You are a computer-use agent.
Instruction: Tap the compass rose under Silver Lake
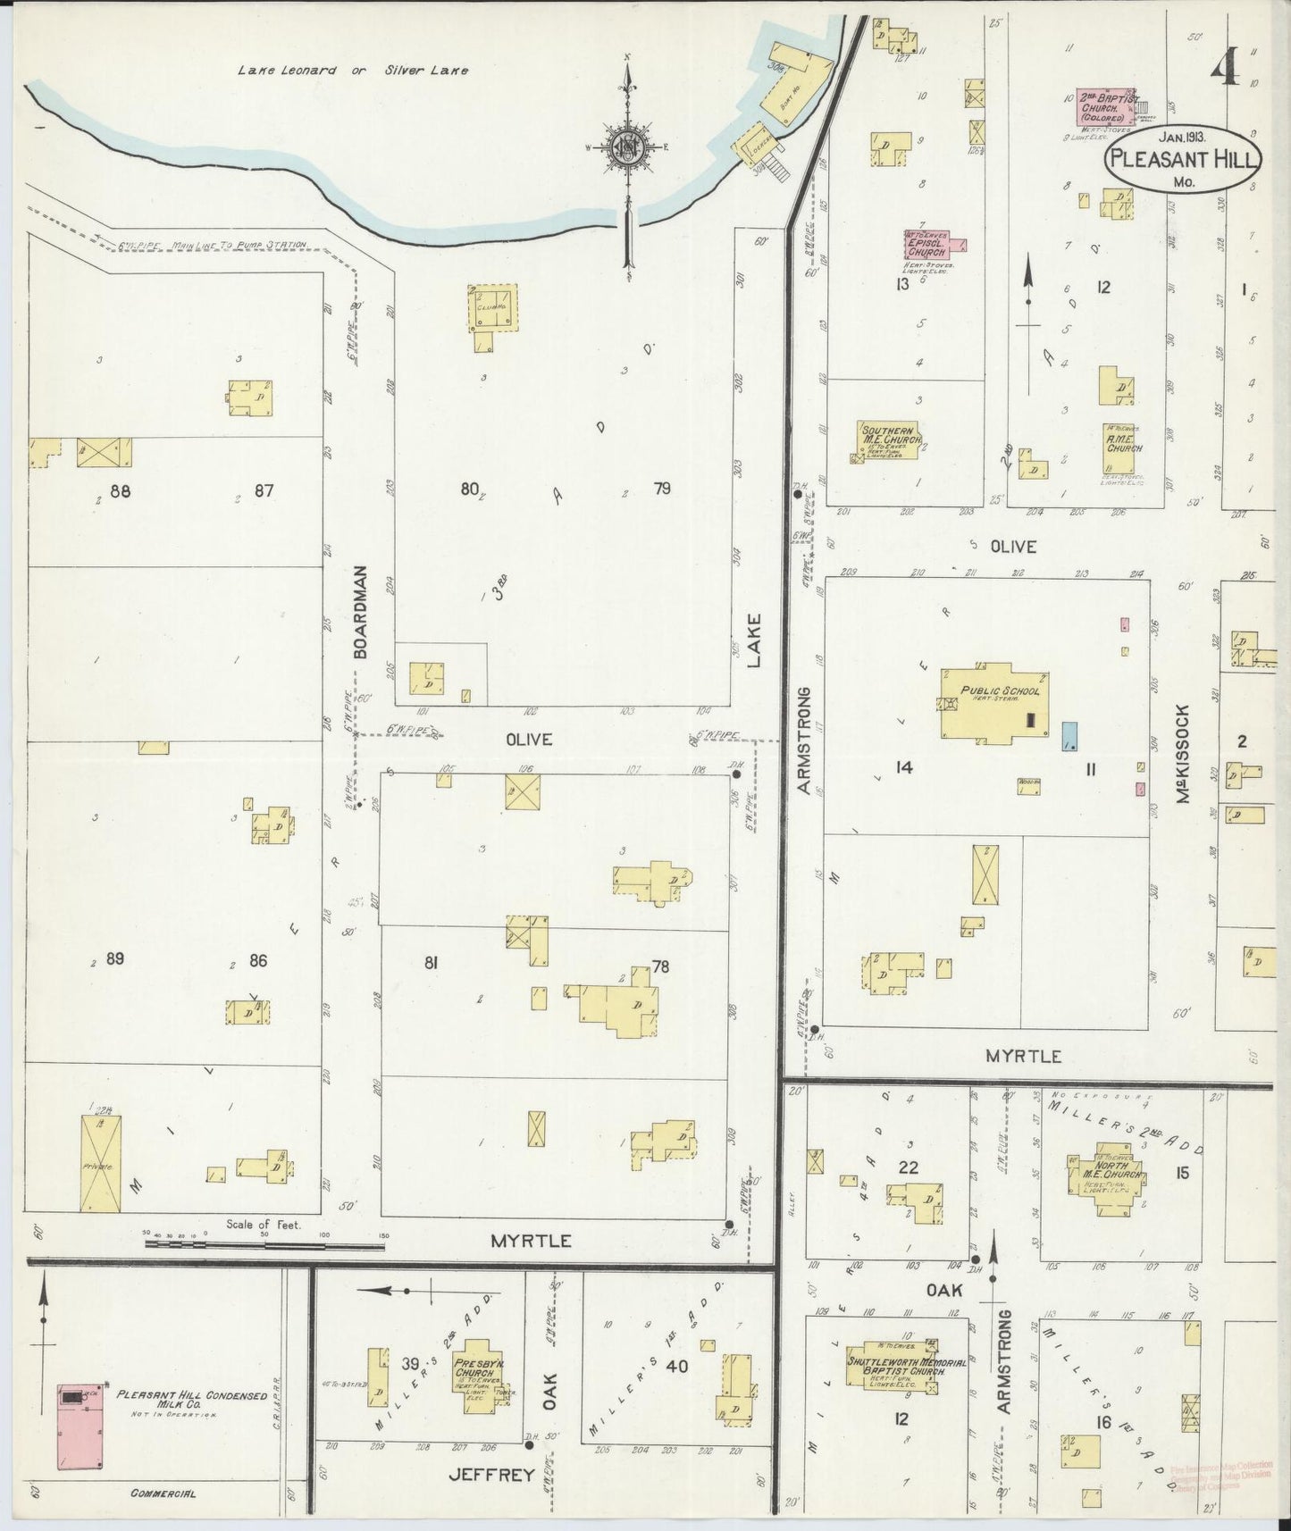630,147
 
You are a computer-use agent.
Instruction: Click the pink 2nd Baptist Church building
1104,107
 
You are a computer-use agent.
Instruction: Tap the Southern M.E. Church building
887,440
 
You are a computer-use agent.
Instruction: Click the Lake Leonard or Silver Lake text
352,70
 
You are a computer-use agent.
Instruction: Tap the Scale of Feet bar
264,1240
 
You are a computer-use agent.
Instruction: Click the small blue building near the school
1069,735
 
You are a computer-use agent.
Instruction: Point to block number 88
120,489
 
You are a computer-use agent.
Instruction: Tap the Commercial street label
163,1493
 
